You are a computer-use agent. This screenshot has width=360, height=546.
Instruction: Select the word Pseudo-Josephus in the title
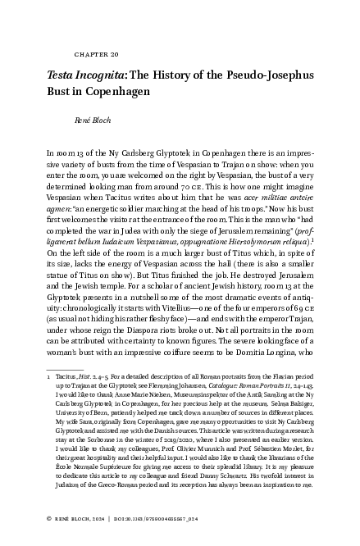pos(257,73)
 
